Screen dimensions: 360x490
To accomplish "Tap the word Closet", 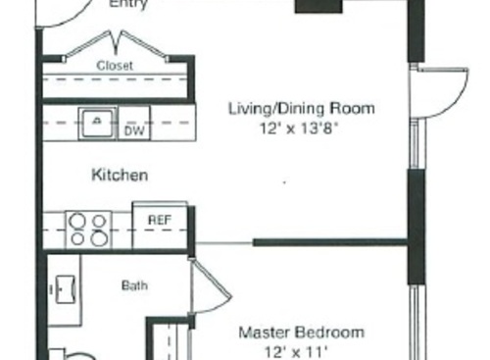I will (115, 66).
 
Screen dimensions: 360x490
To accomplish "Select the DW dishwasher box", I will (133, 129).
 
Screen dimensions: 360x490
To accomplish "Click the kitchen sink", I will (98, 121).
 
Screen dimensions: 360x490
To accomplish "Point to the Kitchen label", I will (120, 176).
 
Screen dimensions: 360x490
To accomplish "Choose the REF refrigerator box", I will (159, 221).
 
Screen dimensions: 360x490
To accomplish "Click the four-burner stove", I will (89, 229).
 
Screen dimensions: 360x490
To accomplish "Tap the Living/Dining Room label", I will (301, 108).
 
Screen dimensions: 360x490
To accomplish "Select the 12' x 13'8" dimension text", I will (301, 127).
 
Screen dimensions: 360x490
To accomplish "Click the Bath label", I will (134, 286).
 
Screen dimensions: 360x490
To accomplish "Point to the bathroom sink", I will (66, 289).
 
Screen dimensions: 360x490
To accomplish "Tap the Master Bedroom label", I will (302, 332).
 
